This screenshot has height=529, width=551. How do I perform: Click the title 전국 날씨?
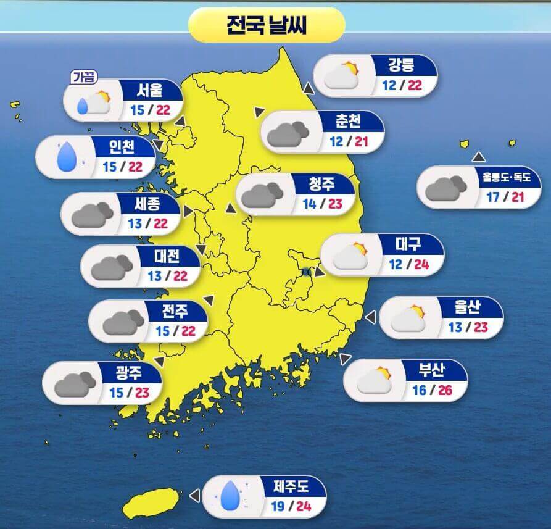pos(267,26)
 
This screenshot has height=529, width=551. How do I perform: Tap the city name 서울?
pos(150,91)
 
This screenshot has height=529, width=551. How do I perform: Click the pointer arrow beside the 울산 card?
pos(371,317)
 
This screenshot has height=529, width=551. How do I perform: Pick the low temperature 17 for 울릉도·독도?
pos(492,198)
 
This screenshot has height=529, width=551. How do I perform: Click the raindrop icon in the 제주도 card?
pos(231,494)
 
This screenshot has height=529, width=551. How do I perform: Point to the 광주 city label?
pos(128,372)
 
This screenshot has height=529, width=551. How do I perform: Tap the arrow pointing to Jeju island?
pos(194,496)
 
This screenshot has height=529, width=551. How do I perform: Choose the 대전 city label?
pos(167,255)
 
